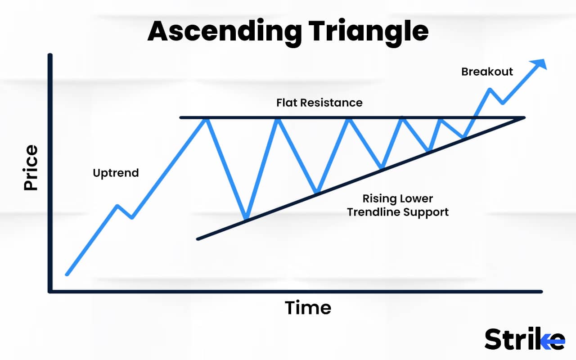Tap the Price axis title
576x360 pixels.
click(31, 167)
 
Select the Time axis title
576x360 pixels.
click(308, 308)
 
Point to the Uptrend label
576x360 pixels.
click(116, 173)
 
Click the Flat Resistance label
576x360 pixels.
click(319, 103)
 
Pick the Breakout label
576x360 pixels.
click(487, 72)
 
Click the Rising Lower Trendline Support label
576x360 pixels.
click(397, 205)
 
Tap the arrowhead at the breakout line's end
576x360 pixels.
click(541, 64)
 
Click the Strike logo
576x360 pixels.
click(524, 339)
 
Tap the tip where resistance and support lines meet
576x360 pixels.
click(524, 118)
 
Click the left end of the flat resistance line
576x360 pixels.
click(181, 118)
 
